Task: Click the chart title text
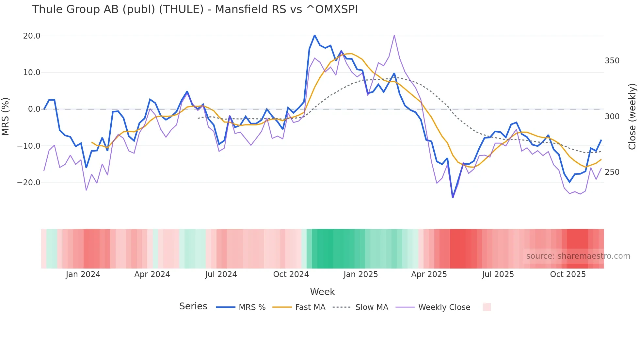point(195,9)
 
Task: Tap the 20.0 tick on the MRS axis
point(32,36)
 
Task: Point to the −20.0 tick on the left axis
point(29,182)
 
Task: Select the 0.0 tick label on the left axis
point(34,109)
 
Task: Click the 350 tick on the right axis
point(612,61)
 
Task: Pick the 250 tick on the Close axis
point(612,172)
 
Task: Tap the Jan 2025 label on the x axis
point(360,274)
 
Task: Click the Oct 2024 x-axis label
point(291,274)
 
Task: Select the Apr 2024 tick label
point(152,274)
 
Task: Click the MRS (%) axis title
point(6,116)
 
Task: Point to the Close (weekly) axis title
point(632,116)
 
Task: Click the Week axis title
point(322,292)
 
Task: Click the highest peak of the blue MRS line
point(314,35)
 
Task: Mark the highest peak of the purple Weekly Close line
point(394,35)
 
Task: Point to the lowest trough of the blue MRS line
point(453,198)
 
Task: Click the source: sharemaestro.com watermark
point(578,256)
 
